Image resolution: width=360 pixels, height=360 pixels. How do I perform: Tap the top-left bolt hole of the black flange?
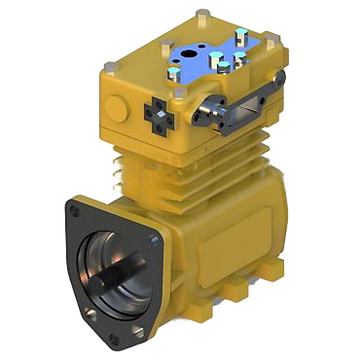coord(74,207)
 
